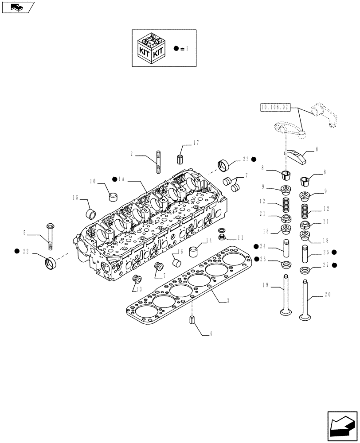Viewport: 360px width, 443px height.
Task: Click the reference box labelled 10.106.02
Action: (274, 107)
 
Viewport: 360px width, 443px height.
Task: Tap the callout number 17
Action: (196, 143)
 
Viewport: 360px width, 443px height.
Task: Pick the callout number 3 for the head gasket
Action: (227, 301)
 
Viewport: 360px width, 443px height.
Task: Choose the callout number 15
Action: (76, 197)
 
